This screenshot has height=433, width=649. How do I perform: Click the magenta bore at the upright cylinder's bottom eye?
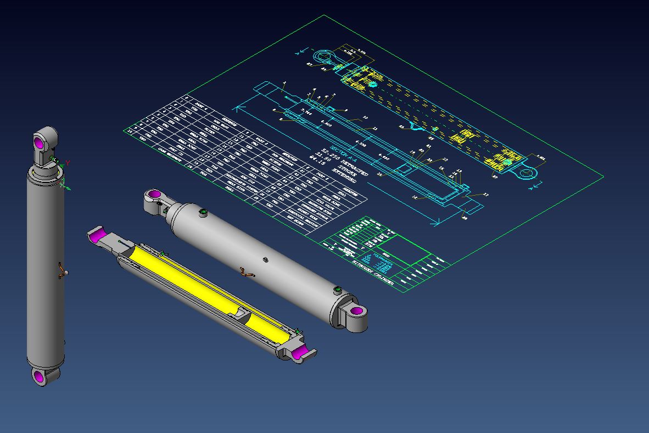[x=38, y=376]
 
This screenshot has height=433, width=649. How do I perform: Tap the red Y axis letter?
[x=67, y=163]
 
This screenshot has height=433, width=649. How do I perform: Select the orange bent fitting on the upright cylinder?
[x=63, y=271]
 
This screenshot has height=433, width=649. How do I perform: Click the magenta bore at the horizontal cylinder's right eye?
[x=356, y=312]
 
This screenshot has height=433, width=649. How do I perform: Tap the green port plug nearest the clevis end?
[x=204, y=213]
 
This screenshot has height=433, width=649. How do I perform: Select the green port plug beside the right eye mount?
[x=337, y=288]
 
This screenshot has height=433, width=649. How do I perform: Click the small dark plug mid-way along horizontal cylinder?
[x=265, y=259]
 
